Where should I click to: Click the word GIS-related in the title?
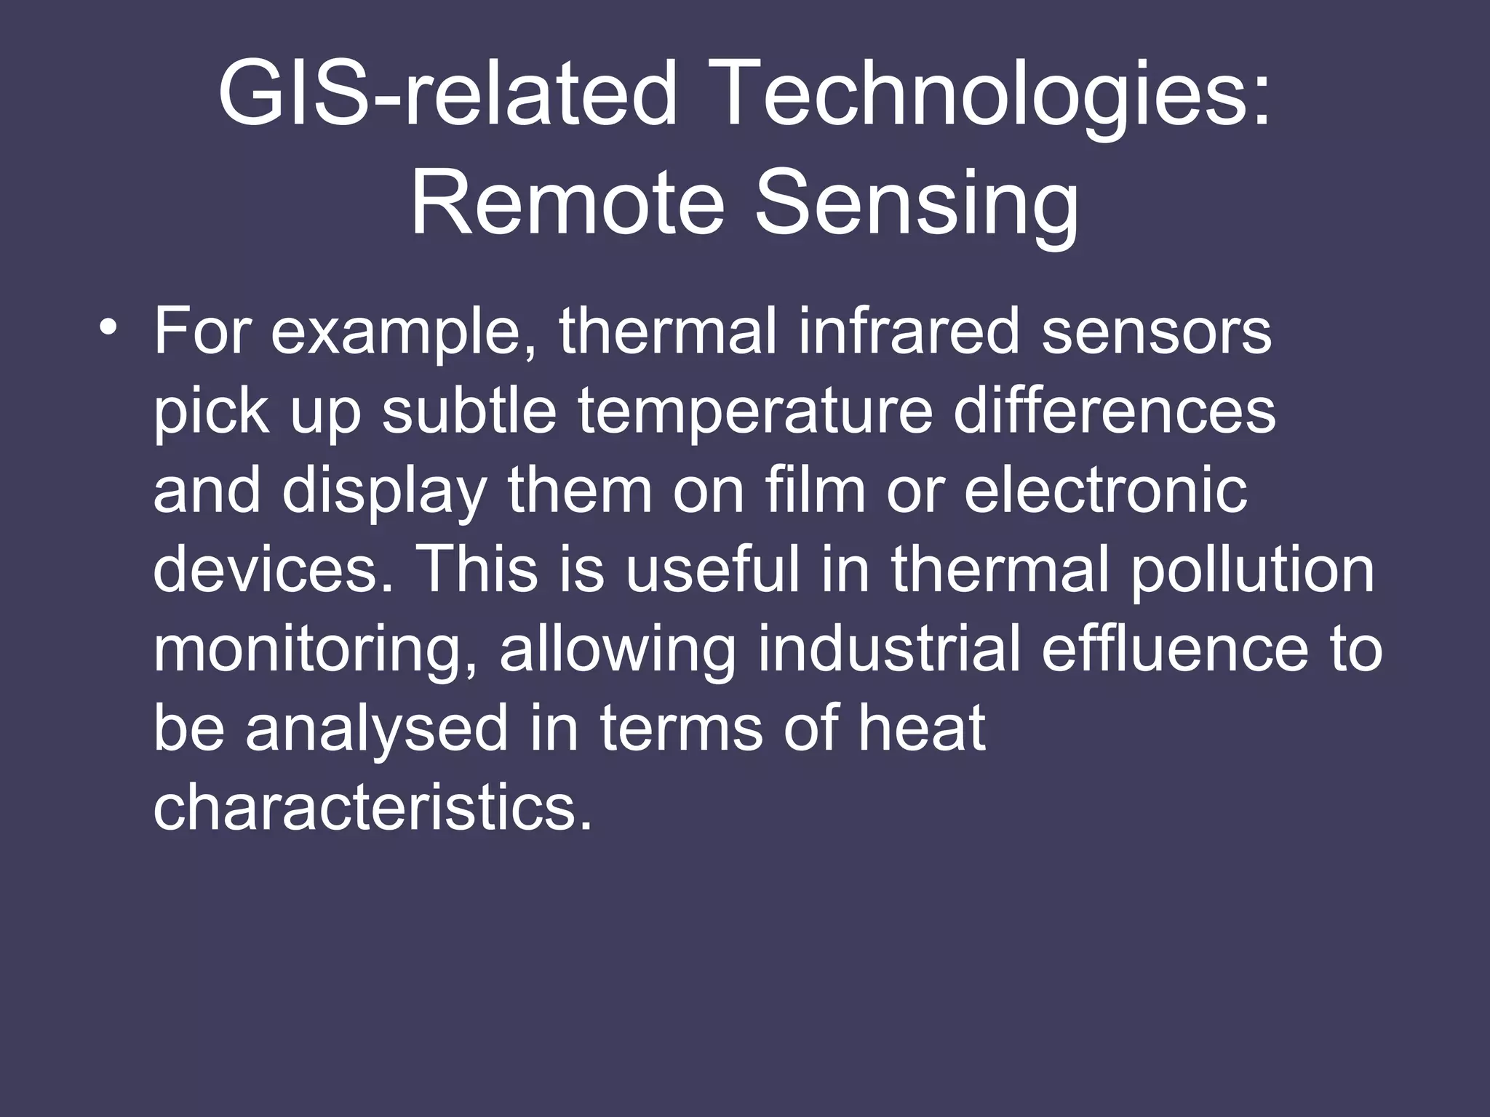[447, 97]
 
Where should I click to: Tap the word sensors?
[1156, 332]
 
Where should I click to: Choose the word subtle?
[469, 412]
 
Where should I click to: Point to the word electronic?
[1106, 491]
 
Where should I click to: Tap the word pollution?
[1251, 570]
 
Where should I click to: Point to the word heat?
[921, 729]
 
